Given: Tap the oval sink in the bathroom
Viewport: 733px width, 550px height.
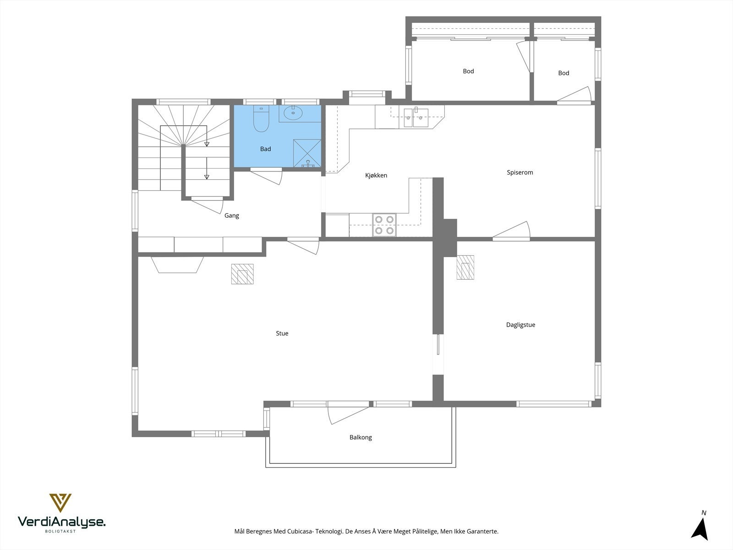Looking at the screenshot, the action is coord(293,113).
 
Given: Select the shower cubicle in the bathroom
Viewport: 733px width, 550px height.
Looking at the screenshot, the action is coord(307,153).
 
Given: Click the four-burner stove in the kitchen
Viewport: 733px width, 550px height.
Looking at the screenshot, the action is coord(384,225).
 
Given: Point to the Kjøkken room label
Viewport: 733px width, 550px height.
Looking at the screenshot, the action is coord(376,176).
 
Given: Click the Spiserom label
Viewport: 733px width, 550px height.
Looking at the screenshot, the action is coord(520,172).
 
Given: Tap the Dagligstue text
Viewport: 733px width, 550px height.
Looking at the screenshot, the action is coord(520,324).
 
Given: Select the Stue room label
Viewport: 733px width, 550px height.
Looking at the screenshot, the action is coord(282,333).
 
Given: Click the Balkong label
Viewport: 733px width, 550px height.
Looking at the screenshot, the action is coord(361,437).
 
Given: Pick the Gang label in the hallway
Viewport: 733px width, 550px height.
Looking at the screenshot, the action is coord(232,216).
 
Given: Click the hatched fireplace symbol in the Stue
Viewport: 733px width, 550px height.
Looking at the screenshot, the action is coord(242,274).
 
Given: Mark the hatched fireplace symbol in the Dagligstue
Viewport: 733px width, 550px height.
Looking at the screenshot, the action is coord(465,268).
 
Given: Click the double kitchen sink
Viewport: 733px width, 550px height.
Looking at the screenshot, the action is coord(416,118).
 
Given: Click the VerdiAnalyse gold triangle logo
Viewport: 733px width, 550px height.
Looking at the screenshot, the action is coord(60,503).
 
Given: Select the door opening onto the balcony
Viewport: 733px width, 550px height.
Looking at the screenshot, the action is coord(348,412).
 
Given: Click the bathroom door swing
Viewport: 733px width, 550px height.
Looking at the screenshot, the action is coord(266,176).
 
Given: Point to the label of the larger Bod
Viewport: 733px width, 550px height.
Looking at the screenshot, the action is coord(468,71).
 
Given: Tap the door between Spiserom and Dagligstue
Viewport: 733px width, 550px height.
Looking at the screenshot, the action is coord(511,231).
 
